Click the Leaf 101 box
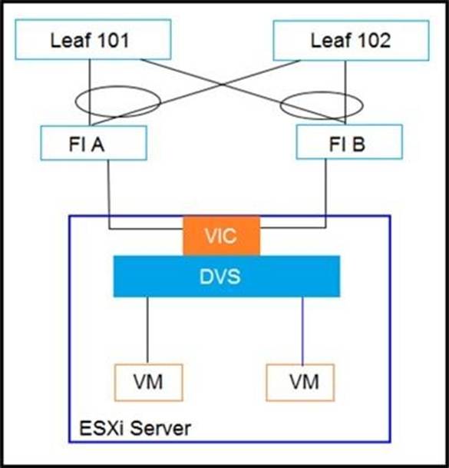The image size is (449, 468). click(x=93, y=40)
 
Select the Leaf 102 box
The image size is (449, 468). click(x=352, y=41)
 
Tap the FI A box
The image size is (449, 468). click(x=94, y=143)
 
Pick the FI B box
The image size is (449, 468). click(x=349, y=141)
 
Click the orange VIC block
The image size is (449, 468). click(x=222, y=235)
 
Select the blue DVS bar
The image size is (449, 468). click(x=226, y=276)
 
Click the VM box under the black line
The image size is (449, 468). click(x=148, y=383)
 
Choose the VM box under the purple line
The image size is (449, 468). click(x=300, y=383)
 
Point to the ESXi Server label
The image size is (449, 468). click(x=135, y=428)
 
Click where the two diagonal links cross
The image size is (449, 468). click(x=222, y=85)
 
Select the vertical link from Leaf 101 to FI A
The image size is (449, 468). click(x=90, y=92)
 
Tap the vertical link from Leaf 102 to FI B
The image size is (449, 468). click(x=345, y=92)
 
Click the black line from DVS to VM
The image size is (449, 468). click(x=147, y=330)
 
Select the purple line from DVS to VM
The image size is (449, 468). click(x=302, y=330)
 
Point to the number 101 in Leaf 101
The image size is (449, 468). click(x=113, y=41)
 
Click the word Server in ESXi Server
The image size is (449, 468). click(x=161, y=428)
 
